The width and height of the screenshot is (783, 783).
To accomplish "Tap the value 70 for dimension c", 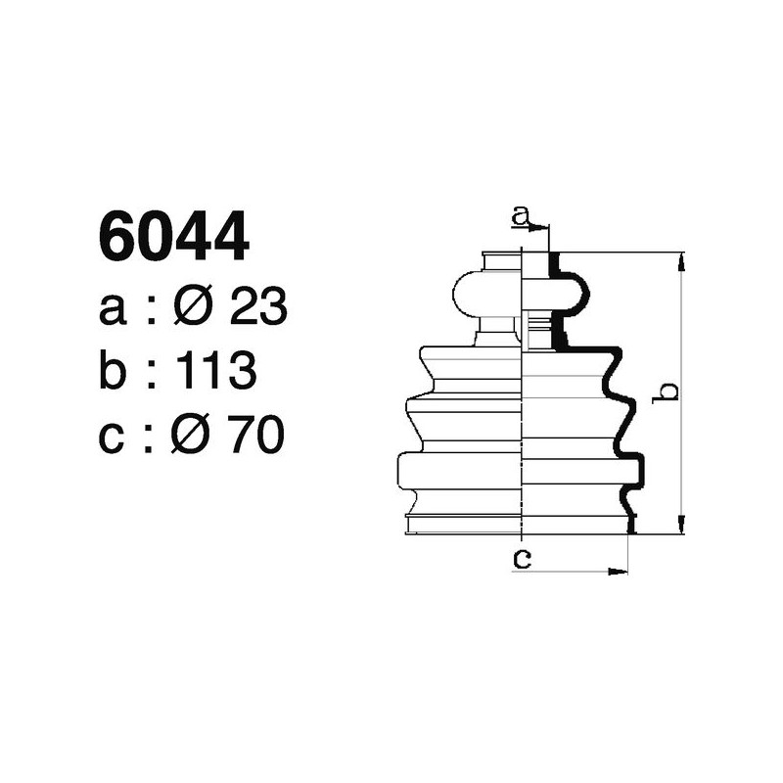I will [256, 436].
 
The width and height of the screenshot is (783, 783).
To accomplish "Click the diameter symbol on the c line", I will [194, 436].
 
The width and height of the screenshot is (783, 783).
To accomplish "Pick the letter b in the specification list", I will [113, 372].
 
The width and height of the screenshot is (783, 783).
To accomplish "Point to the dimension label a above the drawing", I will [522, 214].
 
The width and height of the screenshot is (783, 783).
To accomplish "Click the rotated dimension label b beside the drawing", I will [668, 391].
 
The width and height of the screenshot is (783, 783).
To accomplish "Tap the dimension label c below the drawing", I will [522, 559].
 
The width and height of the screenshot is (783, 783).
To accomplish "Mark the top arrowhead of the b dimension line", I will [681, 259].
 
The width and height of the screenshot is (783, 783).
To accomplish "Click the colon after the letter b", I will [152, 374].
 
